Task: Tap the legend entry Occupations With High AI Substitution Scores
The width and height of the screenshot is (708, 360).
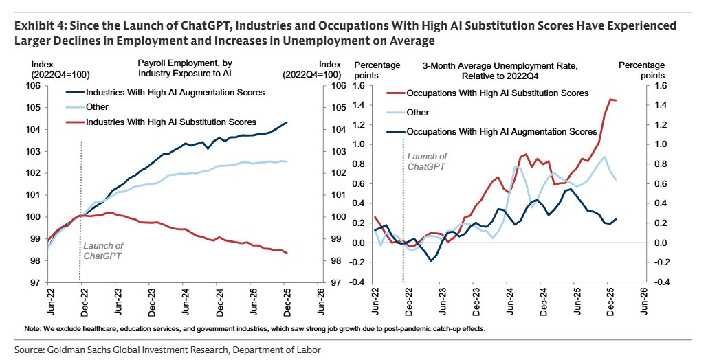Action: tap(497, 93)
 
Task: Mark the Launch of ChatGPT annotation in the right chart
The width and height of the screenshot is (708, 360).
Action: tap(427, 161)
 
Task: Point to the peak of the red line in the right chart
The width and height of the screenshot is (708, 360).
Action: tap(610, 100)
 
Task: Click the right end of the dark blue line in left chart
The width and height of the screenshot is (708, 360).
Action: tap(287, 122)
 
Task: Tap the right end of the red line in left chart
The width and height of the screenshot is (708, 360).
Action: tap(287, 254)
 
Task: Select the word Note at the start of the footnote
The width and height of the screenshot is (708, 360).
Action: tap(32, 329)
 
